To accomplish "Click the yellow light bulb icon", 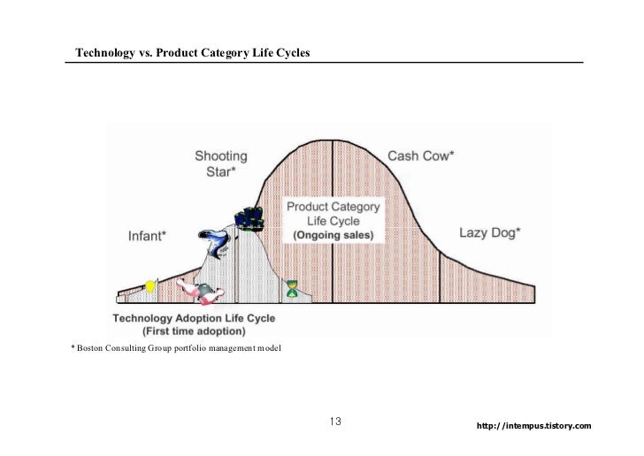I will click(150, 285).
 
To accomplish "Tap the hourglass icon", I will click(293, 288).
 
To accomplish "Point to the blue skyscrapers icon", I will click(250, 217).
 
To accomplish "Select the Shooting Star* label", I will click(221, 164).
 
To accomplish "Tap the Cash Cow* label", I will click(421, 156).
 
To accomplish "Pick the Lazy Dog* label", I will click(489, 233).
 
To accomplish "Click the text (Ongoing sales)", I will click(333, 236).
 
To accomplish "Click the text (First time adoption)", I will click(193, 331).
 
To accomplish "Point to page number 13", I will click(335, 421).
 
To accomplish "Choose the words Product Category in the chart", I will click(333, 207).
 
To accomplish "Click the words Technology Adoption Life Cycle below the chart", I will click(194, 317).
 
